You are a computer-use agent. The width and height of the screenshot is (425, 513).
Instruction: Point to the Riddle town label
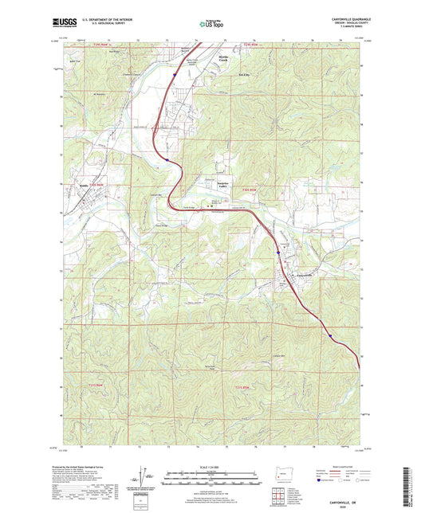[x=83, y=188]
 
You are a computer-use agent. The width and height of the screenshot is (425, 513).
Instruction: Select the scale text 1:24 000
[x=211, y=465]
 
